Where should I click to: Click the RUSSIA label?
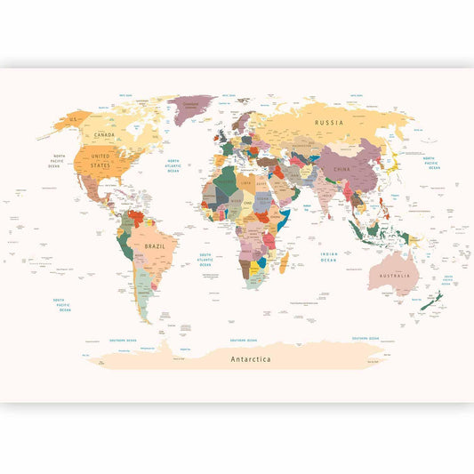tap(329, 124)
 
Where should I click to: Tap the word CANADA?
tap(105, 135)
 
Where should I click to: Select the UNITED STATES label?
tap(100, 160)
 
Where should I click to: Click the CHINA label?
tap(341, 168)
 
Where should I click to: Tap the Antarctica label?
tap(251, 359)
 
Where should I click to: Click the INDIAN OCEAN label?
tap(329, 256)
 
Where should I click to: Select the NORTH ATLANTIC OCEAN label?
tap(173, 165)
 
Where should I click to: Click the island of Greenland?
tap(192, 105)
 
